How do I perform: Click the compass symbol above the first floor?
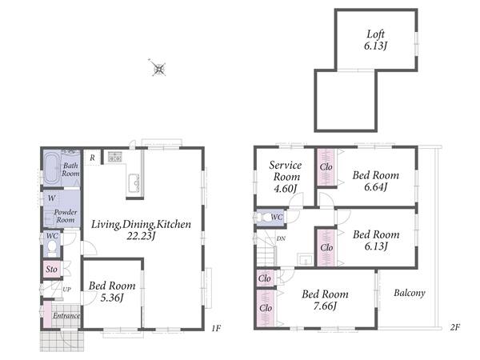[158, 68]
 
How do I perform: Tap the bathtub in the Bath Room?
[52, 168]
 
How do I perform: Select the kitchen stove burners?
[115, 157]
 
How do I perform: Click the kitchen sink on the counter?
[134, 182]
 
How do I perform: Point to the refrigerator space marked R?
[92, 158]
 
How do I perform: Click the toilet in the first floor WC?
[52, 247]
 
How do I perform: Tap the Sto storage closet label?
[51, 270]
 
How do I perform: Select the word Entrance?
[66, 316]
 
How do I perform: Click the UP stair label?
[66, 290]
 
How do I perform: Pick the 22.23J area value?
[141, 236]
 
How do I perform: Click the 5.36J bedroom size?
[112, 298]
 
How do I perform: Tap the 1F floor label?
[216, 328]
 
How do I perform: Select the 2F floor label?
[455, 327]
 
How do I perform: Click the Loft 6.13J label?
[376, 40]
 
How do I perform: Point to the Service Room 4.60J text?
[286, 177]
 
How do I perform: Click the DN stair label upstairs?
[281, 238]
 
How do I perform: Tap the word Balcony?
[410, 293]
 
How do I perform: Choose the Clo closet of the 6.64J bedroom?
[326, 167]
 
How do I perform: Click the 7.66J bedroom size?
[325, 306]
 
